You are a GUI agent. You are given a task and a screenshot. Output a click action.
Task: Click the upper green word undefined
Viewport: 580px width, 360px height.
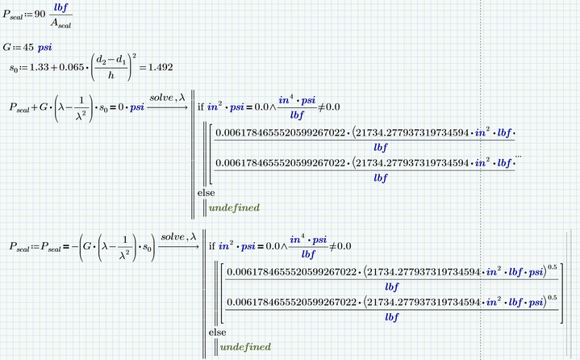point(234,208)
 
